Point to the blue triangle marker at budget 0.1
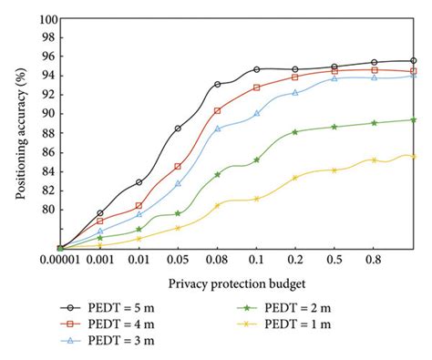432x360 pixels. coord(256,113)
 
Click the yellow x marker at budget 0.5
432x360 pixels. coord(334,170)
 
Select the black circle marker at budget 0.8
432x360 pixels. coord(374,62)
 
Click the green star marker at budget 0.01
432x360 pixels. coord(139,230)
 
